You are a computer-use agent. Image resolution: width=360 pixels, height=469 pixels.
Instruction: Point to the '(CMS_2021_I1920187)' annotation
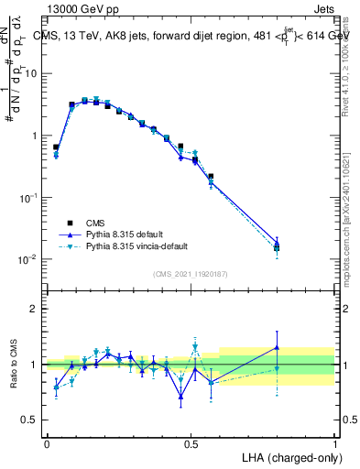(x=190, y=272)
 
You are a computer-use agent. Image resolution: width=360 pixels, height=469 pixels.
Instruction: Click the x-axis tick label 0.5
(x=191, y=443)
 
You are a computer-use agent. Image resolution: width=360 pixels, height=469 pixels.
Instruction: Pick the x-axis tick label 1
(x=334, y=443)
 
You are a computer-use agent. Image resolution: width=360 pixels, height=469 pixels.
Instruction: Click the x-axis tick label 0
(x=48, y=443)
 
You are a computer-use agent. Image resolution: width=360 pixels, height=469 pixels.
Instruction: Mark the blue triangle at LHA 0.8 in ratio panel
(x=278, y=347)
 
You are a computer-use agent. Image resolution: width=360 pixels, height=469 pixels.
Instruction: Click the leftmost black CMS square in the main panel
(x=56, y=147)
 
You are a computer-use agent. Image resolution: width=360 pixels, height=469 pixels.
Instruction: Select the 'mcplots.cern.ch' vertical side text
(x=351, y=256)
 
